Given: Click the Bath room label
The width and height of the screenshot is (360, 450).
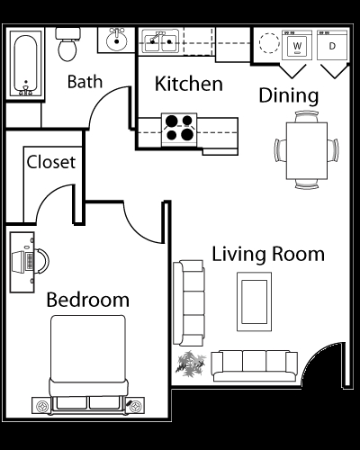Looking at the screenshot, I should tap(85, 82).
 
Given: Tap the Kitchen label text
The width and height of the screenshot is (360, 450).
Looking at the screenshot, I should tap(189, 85).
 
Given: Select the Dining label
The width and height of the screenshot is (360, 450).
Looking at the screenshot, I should tap(288, 94).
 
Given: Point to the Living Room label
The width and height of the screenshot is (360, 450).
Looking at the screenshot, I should tap(268, 254).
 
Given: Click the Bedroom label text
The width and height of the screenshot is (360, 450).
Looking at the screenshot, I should tap(88, 299).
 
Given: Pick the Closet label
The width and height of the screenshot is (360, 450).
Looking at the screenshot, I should tap(50, 163).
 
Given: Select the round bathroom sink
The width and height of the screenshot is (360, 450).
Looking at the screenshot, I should tap(114, 41).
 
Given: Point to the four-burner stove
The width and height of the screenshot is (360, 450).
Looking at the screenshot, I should tap(180, 127).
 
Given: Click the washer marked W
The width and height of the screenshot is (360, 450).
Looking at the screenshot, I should tap(296, 45).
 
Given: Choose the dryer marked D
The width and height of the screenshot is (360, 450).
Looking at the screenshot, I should tap(331, 45).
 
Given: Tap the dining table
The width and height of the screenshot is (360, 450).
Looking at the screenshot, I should tap(301, 148).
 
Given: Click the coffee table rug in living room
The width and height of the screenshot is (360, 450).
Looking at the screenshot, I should tap(252, 299).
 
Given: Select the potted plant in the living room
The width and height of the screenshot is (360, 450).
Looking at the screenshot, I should tap(190, 364).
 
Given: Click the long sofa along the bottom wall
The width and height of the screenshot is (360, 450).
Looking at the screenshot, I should tap(254, 364).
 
